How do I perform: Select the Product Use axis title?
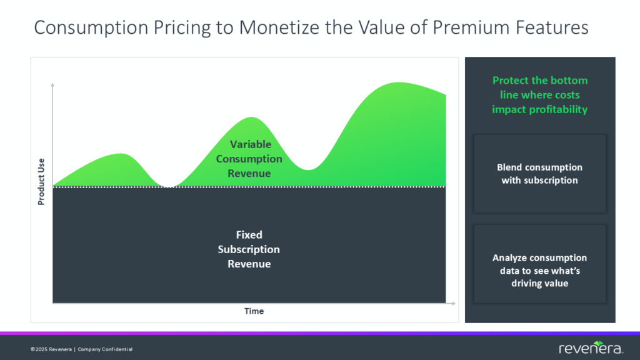pyautogui.click(x=41, y=181)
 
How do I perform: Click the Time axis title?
pyautogui.click(x=254, y=311)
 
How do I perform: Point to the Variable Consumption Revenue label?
pyautogui.click(x=249, y=159)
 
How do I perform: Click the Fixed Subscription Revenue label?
pyautogui.click(x=249, y=249)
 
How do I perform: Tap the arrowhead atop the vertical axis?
pyautogui.click(x=53, y=86)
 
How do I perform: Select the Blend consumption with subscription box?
pyautogui.click(x=540, y=174)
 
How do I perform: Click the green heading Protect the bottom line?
pyautogui.click(x=540, y=94)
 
